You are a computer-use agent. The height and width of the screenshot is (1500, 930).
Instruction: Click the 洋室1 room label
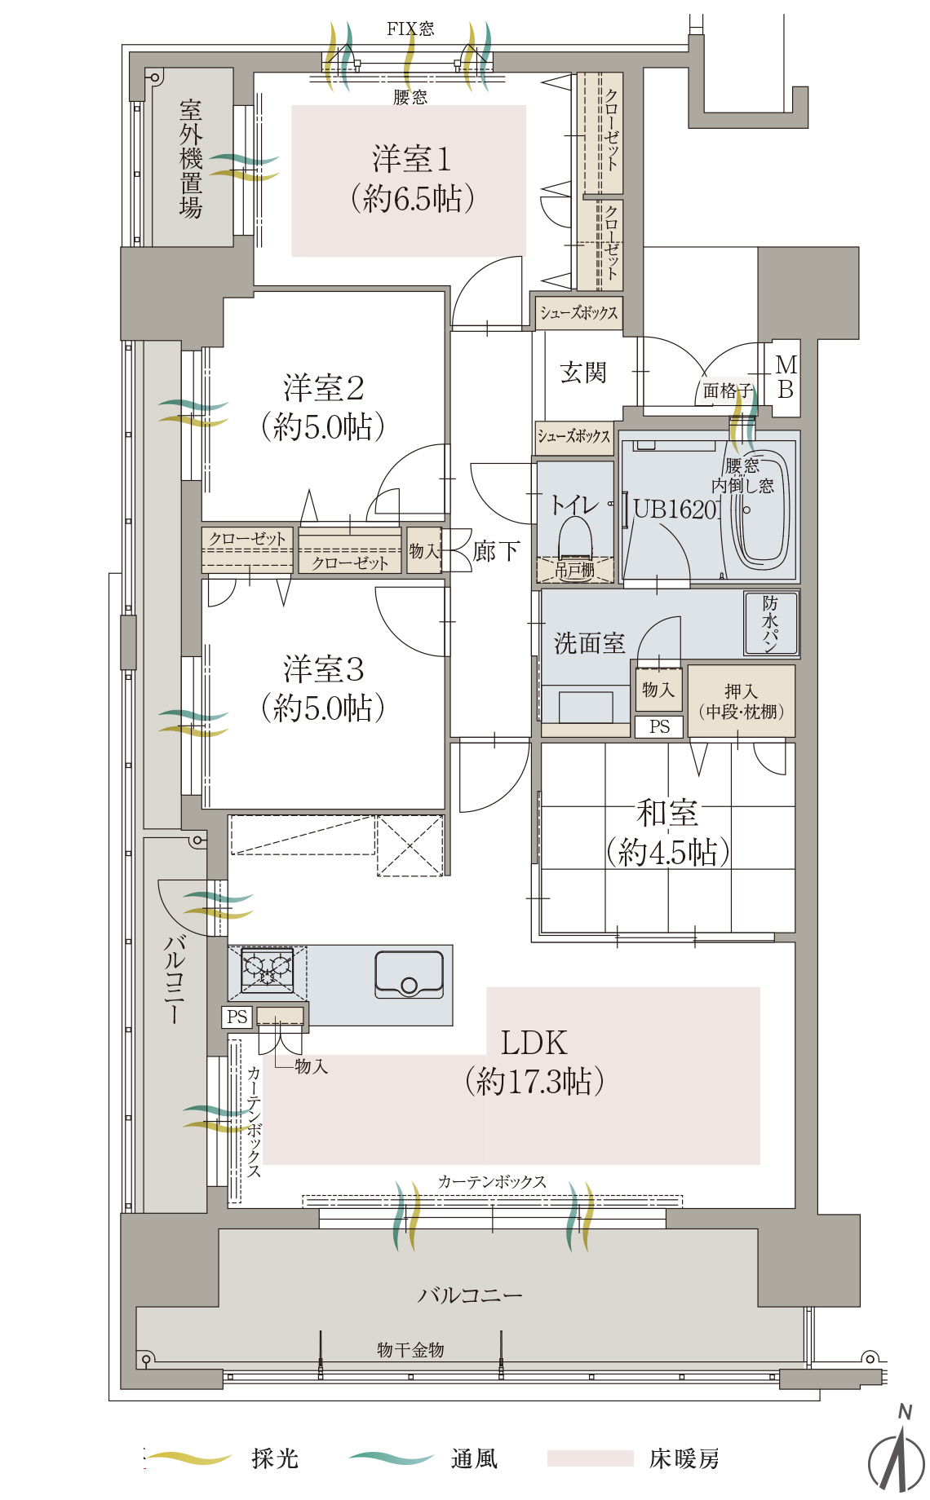tap(411, 159)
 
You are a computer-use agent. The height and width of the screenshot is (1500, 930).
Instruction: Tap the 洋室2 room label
tap(323, 388)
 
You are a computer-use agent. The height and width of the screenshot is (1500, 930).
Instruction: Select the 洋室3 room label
tap(323, 669)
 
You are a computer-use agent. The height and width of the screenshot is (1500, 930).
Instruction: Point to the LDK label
tap(534, 1043)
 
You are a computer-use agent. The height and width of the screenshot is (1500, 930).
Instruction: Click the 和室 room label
tap(667, 813)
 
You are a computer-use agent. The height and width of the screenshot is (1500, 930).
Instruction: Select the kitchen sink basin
tap(409, 974)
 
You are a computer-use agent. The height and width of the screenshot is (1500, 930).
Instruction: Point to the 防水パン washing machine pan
tap(771, 624)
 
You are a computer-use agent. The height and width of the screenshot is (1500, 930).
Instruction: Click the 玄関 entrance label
tap(583, 373)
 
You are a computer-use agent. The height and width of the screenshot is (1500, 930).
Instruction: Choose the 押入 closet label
tap(741, 691)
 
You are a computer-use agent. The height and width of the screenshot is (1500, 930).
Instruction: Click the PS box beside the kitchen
tap(237, 1017)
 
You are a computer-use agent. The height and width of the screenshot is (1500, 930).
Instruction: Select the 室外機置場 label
tap(191, 159)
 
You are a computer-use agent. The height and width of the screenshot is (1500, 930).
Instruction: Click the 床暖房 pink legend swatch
tap(590, 1458)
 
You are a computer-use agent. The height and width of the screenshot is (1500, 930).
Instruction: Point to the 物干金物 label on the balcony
tap(410, 1350)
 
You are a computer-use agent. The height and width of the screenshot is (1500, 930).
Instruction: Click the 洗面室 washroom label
tap(589, 643)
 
